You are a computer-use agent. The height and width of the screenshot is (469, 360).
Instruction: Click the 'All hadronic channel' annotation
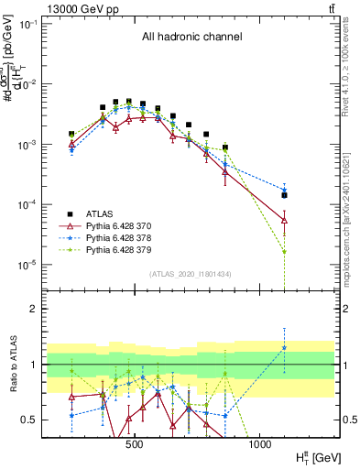(191, 38)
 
